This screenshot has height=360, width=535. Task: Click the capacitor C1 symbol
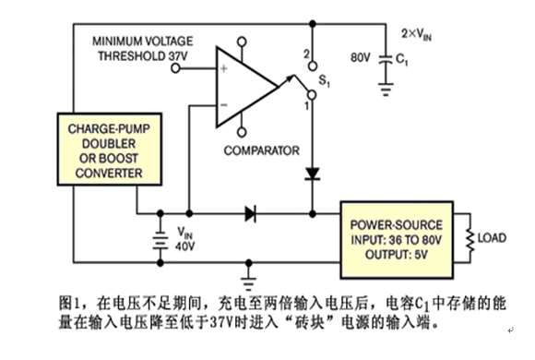(x=386, y=59)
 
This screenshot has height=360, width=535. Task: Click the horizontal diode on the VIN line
(x=251, y=214)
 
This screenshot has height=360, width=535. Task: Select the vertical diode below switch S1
(x=312, y=174)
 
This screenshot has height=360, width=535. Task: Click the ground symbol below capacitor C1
(x=386, y=90)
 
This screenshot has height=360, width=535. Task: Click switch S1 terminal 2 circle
(x=313, y=66)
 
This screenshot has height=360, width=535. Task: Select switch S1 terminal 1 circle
(x=312, y=94)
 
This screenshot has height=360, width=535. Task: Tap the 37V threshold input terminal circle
(x=175, y=68)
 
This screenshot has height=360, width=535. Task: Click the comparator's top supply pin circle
(x=242, y=42)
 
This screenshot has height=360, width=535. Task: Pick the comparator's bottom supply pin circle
(x=242, y=132)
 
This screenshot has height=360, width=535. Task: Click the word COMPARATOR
(x=261, y=150)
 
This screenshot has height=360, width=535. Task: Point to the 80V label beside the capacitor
(x=361, y=57)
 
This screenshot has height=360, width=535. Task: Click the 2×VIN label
(x=416, y=34)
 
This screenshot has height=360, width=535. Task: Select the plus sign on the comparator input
(x=224, y=68)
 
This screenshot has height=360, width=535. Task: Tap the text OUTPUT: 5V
(x=396, y=255)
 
